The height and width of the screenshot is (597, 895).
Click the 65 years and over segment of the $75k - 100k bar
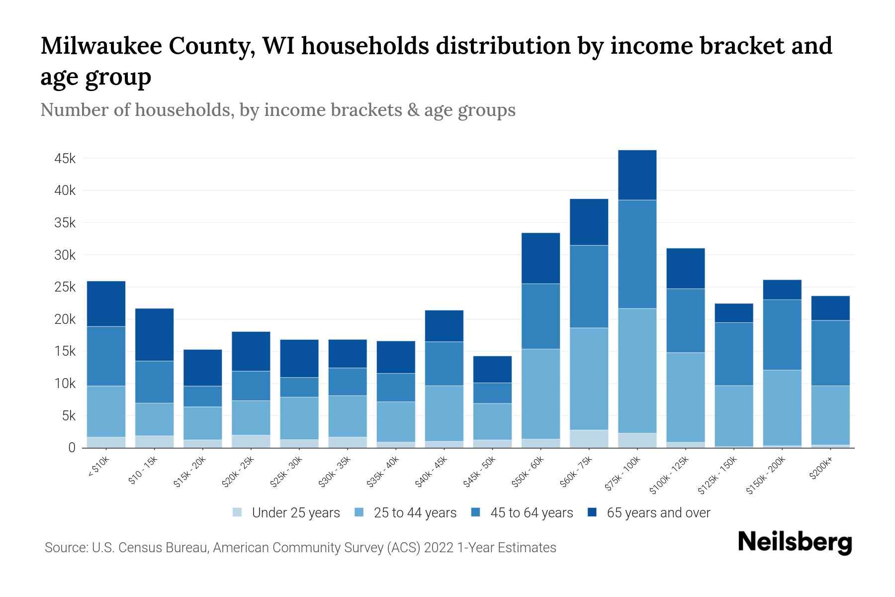(637, 175)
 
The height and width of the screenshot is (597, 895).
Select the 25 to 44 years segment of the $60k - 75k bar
(589, 379)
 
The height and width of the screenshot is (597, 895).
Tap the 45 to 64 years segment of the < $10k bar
(106, 356)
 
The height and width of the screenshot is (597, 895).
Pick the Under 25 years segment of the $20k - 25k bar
(251, 441)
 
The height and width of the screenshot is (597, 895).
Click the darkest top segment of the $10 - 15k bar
(154, 335)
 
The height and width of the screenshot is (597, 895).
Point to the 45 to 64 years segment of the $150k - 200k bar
(782, 335)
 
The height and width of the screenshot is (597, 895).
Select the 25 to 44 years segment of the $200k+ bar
(830, 415)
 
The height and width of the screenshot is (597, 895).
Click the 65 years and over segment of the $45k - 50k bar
(492, 369)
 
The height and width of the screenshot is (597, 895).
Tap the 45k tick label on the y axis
(65, 159)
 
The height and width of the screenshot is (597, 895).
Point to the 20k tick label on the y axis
(65, 319)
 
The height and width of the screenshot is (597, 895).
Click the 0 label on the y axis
(72, 448)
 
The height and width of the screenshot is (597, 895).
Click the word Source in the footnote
(65, 548)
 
